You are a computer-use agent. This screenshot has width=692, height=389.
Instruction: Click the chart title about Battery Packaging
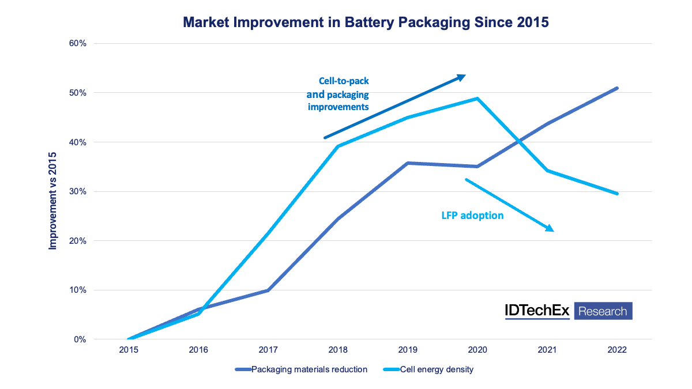point(366,22)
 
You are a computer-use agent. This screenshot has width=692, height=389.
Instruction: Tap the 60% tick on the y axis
point(77,43)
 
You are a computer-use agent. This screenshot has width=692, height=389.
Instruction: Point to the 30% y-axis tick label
point(77,191)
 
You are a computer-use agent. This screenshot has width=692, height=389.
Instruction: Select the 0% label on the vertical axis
point(80,339)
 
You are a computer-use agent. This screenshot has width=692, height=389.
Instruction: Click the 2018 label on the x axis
point(338,350)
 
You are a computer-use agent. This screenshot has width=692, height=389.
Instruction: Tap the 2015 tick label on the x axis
point(129,350)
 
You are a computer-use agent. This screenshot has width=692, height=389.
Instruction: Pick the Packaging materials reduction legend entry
point(309,369)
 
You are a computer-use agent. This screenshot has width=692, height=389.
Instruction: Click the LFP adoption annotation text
point(469,216)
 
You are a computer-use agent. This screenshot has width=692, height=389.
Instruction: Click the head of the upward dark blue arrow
point(462,76)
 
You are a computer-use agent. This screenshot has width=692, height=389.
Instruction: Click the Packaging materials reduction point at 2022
point(616,88)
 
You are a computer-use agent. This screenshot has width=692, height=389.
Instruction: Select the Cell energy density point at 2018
point(338,146)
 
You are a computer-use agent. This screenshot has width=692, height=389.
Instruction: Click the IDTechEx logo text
point(537,311)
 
